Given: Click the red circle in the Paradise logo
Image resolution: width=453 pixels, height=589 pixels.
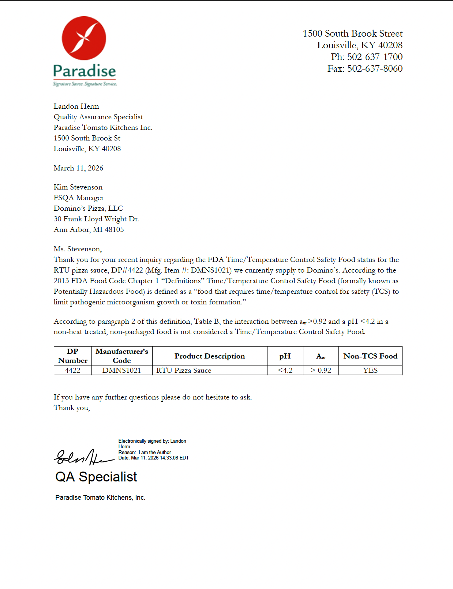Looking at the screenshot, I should click(84, 38).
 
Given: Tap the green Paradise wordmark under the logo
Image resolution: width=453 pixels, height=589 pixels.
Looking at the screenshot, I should click(85, 71).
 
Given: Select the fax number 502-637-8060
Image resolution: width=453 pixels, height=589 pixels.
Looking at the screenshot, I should click(375, 69).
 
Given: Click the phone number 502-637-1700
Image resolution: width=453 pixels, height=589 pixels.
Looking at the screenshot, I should click(375, 57).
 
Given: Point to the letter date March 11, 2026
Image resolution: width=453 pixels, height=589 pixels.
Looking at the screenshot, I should click(78, 168).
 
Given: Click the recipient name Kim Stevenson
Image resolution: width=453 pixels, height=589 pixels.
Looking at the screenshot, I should click(78, 187).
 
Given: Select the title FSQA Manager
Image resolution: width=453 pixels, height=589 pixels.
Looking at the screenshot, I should click(79, 198).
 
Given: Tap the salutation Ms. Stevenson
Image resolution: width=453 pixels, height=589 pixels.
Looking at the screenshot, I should click(78, 249).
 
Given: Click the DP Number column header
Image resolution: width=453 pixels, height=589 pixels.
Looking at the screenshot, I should click(72, 356).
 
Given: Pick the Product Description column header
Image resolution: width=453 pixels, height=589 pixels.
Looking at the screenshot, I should click(210, 356).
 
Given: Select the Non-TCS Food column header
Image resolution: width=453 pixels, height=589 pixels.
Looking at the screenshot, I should click(370, 356).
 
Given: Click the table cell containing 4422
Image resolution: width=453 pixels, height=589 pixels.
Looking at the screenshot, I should click(72, 371).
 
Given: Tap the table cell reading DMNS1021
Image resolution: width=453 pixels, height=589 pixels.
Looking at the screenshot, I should click(121, 371).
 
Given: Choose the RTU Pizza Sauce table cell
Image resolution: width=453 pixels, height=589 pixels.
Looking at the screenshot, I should click(184, 371).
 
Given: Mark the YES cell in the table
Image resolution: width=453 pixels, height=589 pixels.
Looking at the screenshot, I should click(370, 371).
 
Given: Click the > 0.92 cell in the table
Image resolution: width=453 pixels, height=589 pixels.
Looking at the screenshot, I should click(321, 371).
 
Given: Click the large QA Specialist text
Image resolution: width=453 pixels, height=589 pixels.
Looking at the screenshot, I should click(96, 477).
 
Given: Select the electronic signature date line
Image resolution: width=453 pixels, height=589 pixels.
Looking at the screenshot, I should click(154, 458).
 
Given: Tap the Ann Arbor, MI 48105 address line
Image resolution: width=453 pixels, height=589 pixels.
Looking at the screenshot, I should click(89, 230).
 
